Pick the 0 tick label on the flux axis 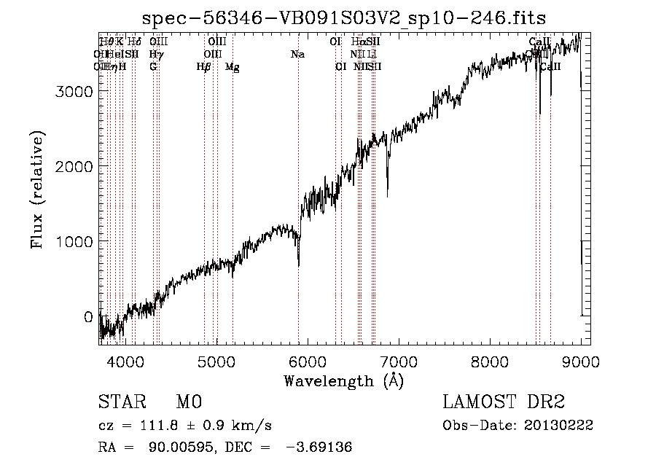pos(88,316)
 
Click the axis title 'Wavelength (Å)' pos(343,380)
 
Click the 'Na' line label pos(297,55)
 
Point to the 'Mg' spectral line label pos(233,67)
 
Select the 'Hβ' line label pos(203,67)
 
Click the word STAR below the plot pos(121,402)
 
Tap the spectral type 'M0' pos(188,402)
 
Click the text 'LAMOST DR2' pos(504,402)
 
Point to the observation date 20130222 pos(561,426)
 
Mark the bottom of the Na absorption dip pos(299,265)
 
